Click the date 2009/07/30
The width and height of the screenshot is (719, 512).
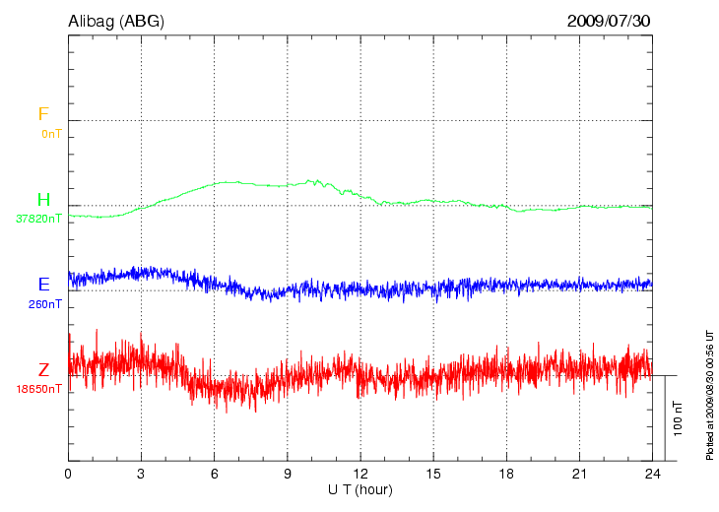click(609, 20)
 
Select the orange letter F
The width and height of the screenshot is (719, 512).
click(43, 114)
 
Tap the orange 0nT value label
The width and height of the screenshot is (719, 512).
click(51, 133)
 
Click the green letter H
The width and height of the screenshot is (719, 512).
click(43, 200)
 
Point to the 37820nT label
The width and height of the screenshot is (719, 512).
click(38, 219)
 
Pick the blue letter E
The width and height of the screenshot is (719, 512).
click(43, 285)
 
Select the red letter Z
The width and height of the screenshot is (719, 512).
click(43, 370)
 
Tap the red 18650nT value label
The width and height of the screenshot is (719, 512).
click(38, 389)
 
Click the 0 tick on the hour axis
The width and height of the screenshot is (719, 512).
click(68, 474)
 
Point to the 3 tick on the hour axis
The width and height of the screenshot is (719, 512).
click(141, 474)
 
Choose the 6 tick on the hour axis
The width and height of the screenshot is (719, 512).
click(215, 474)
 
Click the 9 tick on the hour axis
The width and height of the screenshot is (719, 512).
click(288, 474)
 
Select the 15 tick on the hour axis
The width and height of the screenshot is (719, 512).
click(433, 474)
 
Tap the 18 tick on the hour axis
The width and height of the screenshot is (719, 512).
click(507, 474)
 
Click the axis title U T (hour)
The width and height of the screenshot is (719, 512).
click(360, 489)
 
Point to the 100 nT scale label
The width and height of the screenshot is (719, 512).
click(678, 418)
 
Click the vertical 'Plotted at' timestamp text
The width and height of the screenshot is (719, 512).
click(709, 394)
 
